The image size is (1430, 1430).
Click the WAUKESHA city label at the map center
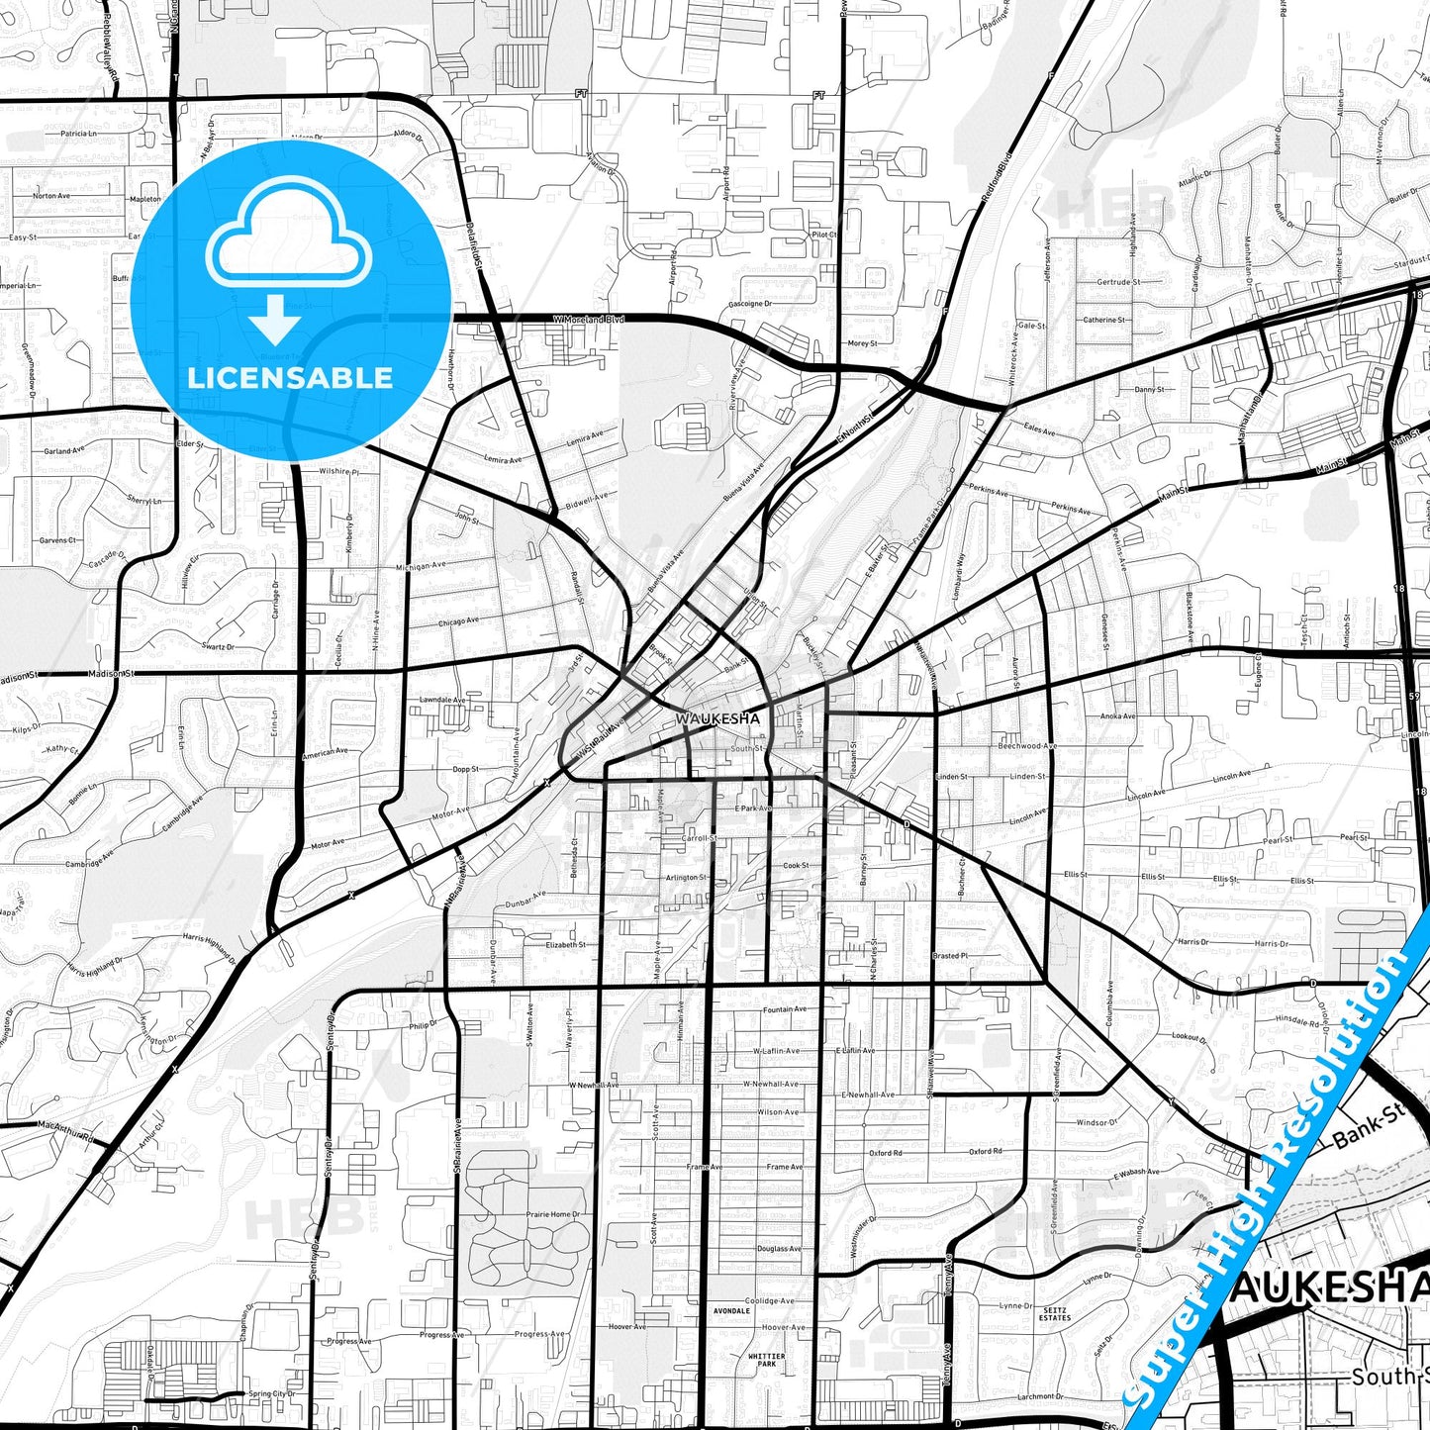(x=718, y=718)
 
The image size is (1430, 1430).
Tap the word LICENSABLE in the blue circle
(x=290, y=378)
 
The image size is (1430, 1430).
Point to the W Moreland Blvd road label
(x=590, y=320)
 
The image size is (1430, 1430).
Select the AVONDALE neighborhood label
(x=732, y=1311)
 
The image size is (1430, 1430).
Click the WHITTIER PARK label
(x=767, y=1361)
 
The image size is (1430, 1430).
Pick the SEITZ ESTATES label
(x=1055, y=1314)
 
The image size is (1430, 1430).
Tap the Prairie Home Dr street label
(x=553, y=1214)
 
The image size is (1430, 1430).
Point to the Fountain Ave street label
(x=785, y=1009)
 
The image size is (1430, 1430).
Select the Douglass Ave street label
(x=780, y=1249)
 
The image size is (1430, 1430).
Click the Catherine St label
(x=1103, y=320)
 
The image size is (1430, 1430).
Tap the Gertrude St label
(x=1118, y=282)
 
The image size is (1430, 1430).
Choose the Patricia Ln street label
(x=79, y=133)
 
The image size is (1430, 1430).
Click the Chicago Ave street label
(x=458, y=622)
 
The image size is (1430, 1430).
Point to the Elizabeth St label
(x=566, y=945)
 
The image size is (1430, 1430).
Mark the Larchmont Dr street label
(x=1039, y=1396)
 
